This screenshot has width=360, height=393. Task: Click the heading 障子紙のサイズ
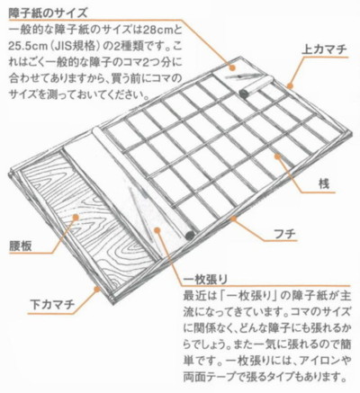click(48, 13)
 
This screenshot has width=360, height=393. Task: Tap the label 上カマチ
click(324, 49)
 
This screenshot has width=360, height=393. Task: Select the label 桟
click(324, 183)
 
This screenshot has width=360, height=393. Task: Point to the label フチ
click(285, 234)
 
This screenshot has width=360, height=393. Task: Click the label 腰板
click(21, 246)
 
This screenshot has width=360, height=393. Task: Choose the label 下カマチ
click(52, 305)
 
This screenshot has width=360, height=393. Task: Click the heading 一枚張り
click(205, 279)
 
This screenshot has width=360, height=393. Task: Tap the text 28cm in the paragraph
click(156, 30)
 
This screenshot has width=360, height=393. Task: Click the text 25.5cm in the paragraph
click(28, 47)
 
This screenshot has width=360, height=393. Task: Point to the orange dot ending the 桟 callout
click(278, 156)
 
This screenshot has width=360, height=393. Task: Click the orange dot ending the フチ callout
click(233, 219)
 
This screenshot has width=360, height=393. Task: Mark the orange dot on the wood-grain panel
click(76, 217)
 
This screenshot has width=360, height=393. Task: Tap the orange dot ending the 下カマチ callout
click(96, 290)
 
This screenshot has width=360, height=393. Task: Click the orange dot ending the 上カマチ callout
click(290, 86)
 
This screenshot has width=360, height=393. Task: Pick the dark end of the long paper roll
click(190, 236)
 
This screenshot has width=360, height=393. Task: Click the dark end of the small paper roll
click(244, 94)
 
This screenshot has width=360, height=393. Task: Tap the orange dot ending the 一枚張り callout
click(157, 230)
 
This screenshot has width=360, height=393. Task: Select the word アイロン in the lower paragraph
click(319, 361)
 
